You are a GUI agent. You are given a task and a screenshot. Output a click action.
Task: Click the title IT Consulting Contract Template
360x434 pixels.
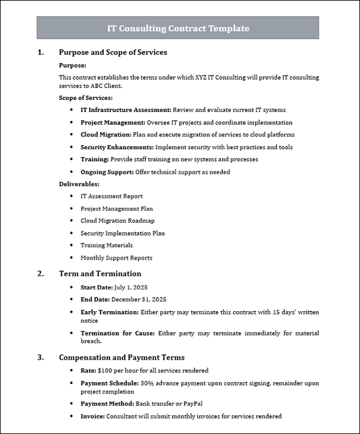178,28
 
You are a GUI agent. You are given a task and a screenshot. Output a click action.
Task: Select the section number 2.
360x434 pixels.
41,274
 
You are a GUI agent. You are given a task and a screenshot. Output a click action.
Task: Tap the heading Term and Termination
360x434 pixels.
100,274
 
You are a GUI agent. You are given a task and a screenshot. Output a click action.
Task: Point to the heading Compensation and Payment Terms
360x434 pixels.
122,357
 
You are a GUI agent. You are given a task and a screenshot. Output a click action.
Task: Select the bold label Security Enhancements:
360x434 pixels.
117,147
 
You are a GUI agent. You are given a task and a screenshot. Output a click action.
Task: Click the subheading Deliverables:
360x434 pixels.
79,184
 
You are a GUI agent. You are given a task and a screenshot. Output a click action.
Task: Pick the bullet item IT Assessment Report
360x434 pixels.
111,196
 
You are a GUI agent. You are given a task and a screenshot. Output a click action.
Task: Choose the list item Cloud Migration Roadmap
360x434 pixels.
118,221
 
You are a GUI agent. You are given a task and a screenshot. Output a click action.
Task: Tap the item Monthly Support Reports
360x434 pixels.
116,258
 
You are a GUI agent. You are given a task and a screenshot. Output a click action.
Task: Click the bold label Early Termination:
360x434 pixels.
109,313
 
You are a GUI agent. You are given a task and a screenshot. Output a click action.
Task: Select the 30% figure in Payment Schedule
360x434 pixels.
147,383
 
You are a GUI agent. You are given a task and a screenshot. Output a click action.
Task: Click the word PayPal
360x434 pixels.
197,404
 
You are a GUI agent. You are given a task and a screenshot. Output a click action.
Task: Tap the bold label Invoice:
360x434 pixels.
93,416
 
